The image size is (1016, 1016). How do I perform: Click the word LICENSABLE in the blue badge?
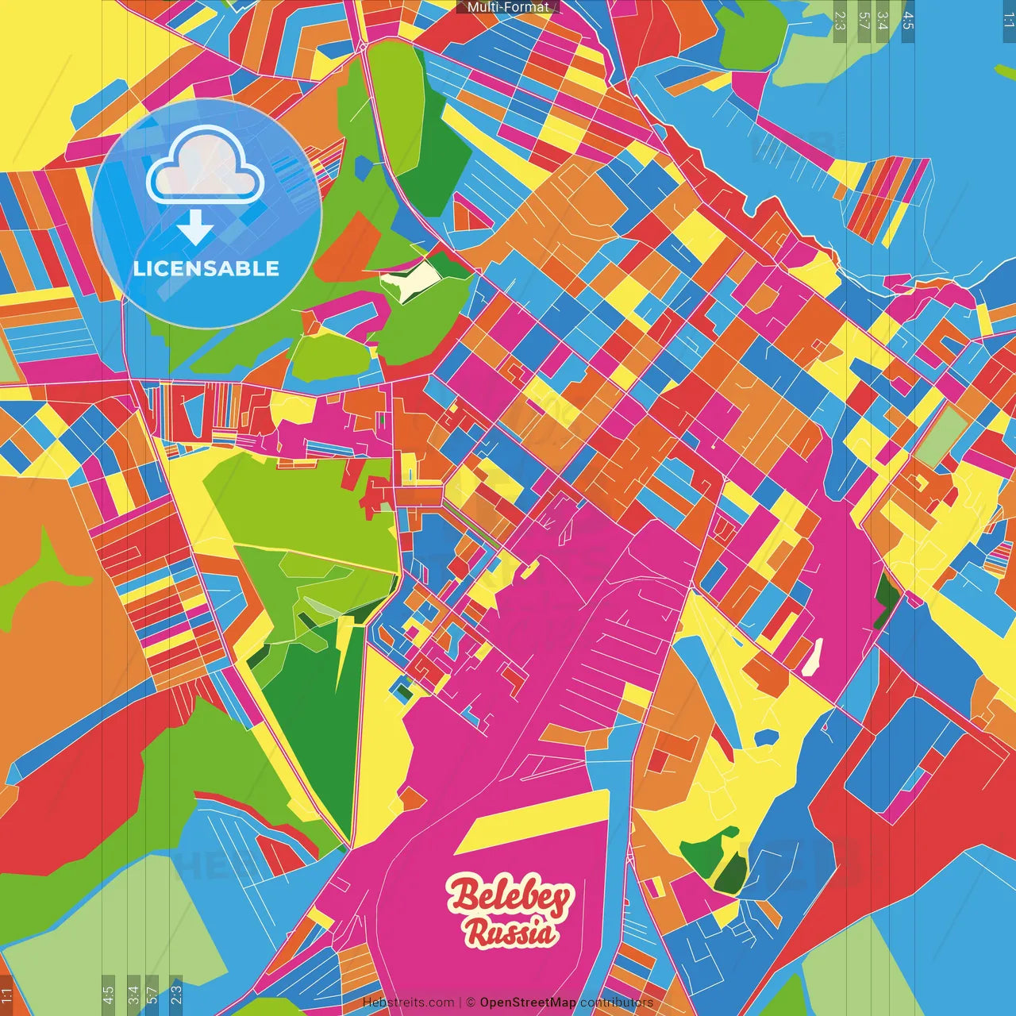[206, 268]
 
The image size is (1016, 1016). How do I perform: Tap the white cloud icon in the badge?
[206, 166]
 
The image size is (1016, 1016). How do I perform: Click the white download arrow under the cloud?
[194, 228]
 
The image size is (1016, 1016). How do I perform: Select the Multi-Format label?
[508, 7]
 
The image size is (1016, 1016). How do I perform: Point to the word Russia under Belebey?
[510, 933]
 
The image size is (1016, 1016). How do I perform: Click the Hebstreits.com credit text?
[408, 1003]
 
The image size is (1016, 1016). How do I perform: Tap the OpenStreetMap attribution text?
[527, 1003]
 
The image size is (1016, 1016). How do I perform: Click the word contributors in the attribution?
[617, 1003]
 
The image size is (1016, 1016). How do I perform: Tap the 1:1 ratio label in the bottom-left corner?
[6, 994]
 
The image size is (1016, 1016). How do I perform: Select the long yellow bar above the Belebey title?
[532, 822]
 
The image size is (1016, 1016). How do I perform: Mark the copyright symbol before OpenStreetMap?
[471, 1003]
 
